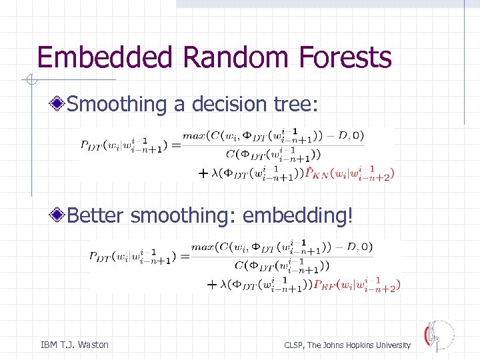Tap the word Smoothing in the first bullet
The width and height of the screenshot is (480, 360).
(117, 104)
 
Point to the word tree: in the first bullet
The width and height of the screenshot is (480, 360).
(299, 104)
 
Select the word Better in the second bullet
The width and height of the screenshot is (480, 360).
(97, 216)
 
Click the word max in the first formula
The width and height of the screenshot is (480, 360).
(193, 136)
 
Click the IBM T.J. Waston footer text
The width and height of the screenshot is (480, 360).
(75, 345)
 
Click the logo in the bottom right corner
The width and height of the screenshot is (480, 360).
(438, 335)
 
